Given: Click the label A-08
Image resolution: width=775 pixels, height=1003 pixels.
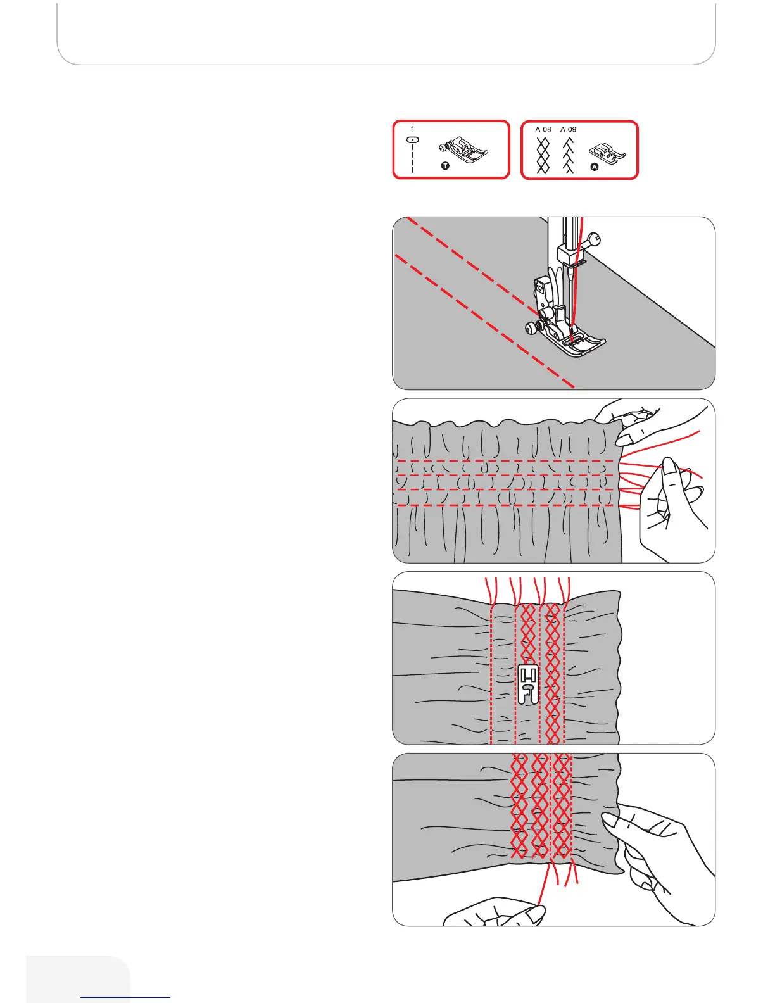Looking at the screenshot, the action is click(x=543, y=129).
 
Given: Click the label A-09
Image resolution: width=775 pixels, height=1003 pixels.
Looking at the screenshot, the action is click(x=568, y=129).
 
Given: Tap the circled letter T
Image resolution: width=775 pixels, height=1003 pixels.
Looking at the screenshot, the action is click(x=445, y=166).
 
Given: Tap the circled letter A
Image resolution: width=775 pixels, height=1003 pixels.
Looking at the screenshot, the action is click(x=594, y=167).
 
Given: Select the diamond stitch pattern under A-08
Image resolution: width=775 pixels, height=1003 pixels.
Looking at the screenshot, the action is click(x=543, y=155).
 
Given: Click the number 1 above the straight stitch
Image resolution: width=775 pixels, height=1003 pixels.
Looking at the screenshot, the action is click(x=413, y=129).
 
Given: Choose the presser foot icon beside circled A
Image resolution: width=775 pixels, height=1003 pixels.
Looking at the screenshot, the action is click(x=607, y=153).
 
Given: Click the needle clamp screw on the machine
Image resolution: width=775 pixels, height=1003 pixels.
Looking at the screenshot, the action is click(x=593, y=239).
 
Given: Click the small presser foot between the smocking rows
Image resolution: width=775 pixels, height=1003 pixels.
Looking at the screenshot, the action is click(x=528, y=684).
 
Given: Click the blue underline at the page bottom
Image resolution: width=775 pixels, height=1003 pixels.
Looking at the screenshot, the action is click(x=125, y=997).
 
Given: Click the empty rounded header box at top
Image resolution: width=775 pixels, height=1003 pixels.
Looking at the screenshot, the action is click(x=386, y=32).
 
